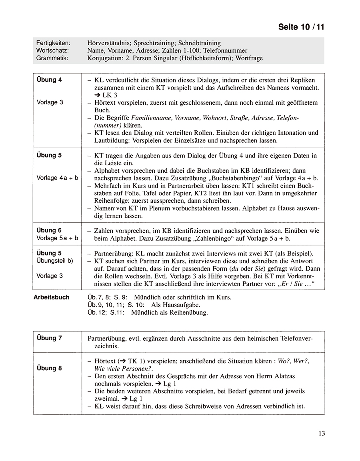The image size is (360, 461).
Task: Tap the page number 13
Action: (322, 433)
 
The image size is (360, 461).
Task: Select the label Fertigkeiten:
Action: (53, 43)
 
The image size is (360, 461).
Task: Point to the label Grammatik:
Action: (52, 58)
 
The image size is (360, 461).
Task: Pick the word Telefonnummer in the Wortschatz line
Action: (228, 50)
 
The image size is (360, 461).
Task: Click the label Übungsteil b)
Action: (55, 261)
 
